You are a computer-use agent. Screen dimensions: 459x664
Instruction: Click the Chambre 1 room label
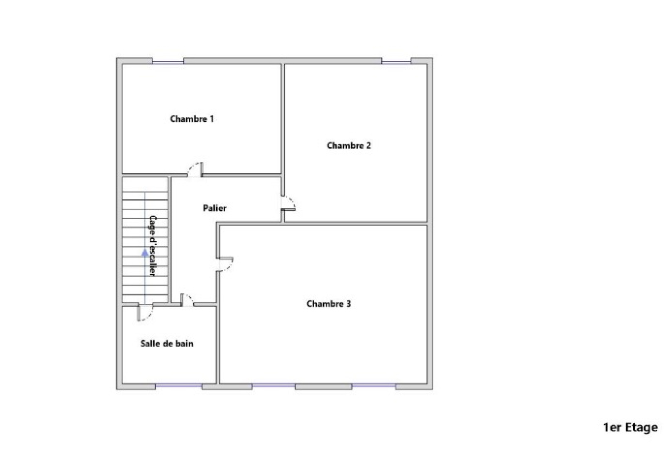click(x=192, y=119)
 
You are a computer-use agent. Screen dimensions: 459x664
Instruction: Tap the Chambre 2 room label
click(x=349, y=146)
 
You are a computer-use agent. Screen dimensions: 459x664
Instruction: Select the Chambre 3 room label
click(x=328, y=304)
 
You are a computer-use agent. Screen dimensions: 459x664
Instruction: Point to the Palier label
click(x=215, y=208)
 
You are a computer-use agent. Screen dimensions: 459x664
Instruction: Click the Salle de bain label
click(x=166, y=343)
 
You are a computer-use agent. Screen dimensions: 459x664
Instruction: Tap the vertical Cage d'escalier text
click(x=152, y=245)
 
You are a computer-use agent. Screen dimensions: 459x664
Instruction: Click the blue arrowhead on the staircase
click(x=145, y=252)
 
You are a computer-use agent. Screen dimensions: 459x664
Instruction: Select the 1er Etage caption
click(x=630, y=427)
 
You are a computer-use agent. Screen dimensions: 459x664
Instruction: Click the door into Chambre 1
click(x=195, y=169)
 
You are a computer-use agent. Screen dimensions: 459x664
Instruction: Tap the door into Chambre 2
click(x=288, y=203)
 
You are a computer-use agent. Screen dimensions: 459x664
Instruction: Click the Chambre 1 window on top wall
click(x=168, y=62)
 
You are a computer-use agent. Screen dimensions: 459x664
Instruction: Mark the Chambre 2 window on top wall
click(x=396, y=62)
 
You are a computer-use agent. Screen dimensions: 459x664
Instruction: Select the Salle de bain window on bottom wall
click(x=178, y=386)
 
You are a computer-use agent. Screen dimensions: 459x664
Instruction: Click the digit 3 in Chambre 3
click(x=349, y=304)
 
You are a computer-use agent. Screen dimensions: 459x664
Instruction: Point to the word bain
click(x=184, y=343)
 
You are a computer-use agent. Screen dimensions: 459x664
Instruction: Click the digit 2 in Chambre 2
click(x=369, y=146)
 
